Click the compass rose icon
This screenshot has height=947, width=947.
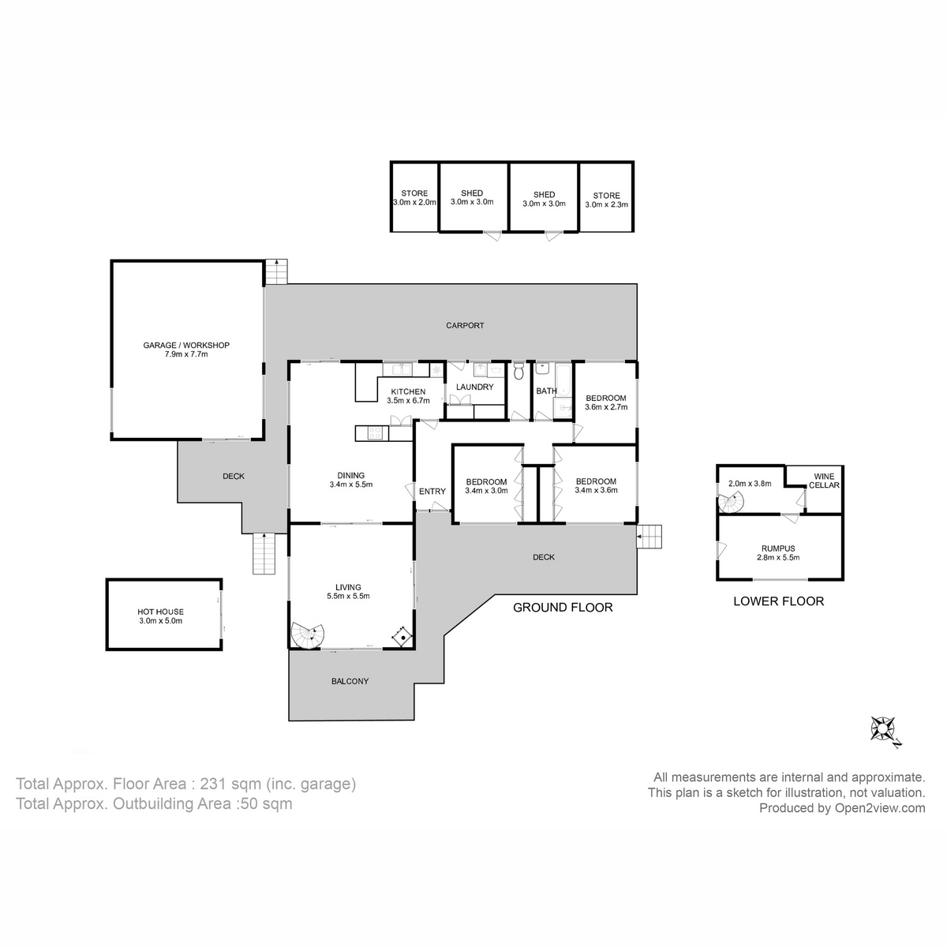[883, 728]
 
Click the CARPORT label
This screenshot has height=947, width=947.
[465, 325]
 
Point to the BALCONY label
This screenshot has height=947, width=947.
[350, 681]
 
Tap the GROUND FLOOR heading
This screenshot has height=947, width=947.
[563, 607]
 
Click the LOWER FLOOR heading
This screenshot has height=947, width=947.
[778, 601]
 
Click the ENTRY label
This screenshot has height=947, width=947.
[432, 492]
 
